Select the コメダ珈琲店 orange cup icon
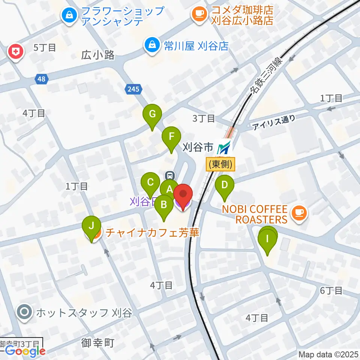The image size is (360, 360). click(198, 15)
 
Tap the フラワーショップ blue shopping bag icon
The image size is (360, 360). click(69, 15)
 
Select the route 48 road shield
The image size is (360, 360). click(42, 79)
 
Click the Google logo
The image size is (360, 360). click(25, 351)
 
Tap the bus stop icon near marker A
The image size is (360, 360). click(170, 175)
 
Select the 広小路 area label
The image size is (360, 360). click(97, 55)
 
